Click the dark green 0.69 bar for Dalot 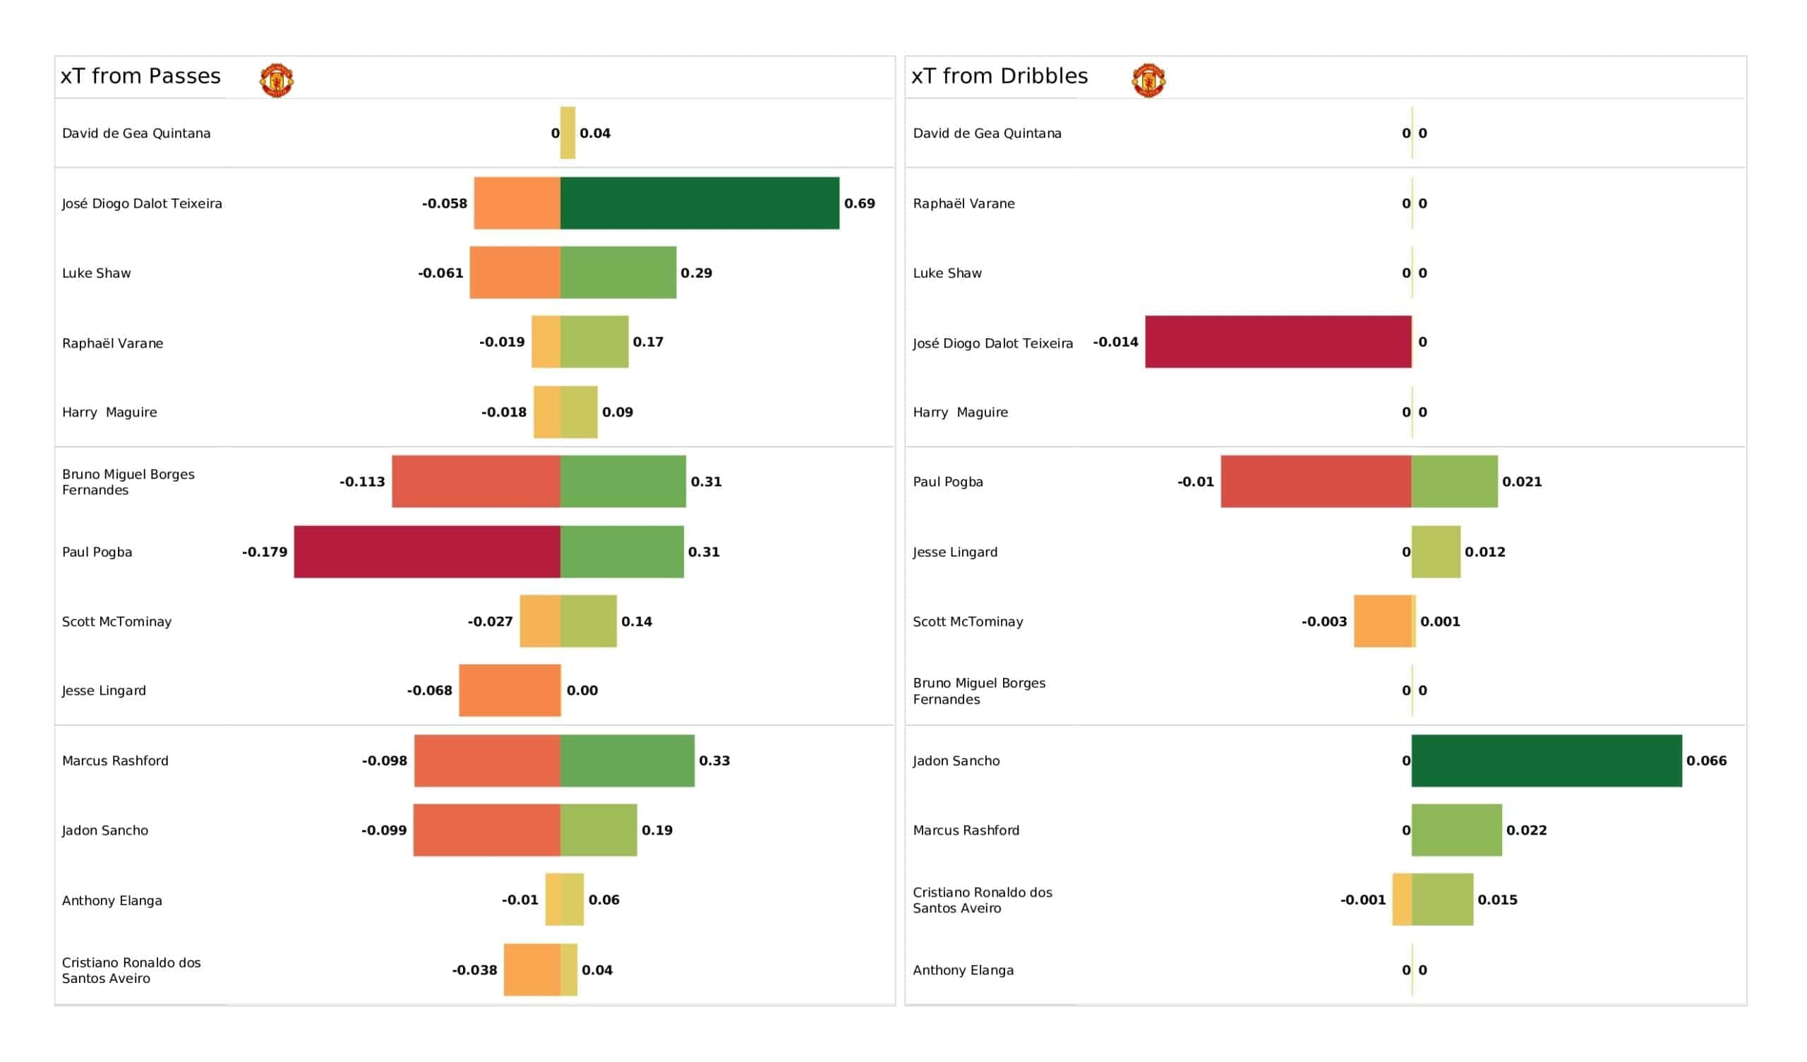pos(699,203)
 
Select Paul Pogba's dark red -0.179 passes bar pos(426,551)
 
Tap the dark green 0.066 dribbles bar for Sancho pos(1546,760)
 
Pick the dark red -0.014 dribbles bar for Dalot pos(1278,342)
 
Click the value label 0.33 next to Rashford pos(714,760)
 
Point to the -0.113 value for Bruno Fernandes pos(362,482)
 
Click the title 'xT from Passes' pos(140,76)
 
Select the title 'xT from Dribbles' pos(999,76)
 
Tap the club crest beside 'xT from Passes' pos(276,80)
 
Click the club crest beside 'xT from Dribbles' pos(1148,80)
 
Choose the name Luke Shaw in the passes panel pos(96,273)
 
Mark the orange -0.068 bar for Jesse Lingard pos(509,691)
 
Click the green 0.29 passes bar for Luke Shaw pos(618,273)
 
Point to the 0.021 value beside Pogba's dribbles pos(1522,482)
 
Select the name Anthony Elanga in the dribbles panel pos(963,970)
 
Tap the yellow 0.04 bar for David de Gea pos(568,133)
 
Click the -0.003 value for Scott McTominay pos(1323,621)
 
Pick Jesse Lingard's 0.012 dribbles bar pos(1436,551)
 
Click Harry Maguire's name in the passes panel pos(109,412)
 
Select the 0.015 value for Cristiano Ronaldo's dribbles pos(1497,900)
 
